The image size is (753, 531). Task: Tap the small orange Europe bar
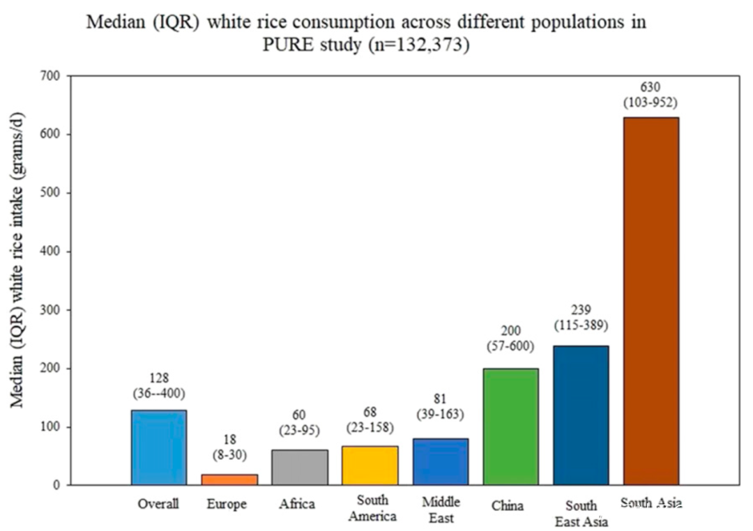[x=229, y=479]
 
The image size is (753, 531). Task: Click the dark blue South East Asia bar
[x=581, y=415]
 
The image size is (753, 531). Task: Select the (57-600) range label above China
[x=511, y=344]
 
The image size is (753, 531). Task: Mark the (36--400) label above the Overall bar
[x=159, y=393]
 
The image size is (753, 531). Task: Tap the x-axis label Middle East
[x=441, y=510]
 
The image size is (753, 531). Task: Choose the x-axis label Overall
[x=159, y=504]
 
